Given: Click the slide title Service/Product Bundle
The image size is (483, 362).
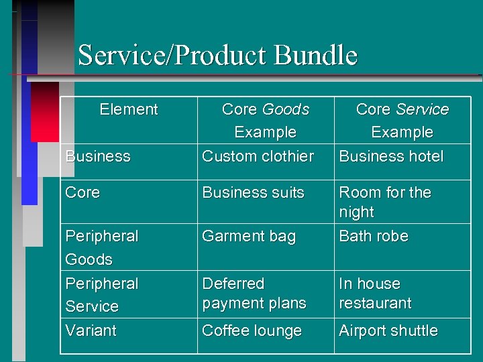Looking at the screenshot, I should pos(217,55).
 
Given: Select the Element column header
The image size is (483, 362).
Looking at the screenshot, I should pos(128,109).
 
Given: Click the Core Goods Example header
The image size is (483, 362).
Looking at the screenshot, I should pos(265,121).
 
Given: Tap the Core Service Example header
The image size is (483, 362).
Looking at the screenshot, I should pos(402,121).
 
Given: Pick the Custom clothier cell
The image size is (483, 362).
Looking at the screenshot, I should pos(258,156).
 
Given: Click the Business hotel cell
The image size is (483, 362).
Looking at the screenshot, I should pos(391,156).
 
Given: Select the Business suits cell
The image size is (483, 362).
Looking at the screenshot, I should pos(253,192).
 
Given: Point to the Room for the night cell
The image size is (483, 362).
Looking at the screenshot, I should pos(384,202).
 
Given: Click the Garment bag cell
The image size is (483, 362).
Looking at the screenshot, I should pos(248,236).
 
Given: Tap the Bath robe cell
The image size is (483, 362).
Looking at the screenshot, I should pos(373,236).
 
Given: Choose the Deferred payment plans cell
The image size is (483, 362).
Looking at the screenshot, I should pos(254,294).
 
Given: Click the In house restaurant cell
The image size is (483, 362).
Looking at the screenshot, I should pos(374,294).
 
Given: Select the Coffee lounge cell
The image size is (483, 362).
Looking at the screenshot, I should pos(252,330).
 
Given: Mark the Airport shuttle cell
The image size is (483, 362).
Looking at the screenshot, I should pos(388,330).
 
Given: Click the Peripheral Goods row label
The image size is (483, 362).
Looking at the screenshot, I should pos(101,247).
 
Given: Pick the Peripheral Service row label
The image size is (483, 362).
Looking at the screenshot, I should pos(101,295).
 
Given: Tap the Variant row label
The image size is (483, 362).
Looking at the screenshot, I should pos(91,330).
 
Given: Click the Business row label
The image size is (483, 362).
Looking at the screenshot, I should pos(98,156).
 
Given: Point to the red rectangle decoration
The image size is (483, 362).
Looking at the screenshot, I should pos(45,111).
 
